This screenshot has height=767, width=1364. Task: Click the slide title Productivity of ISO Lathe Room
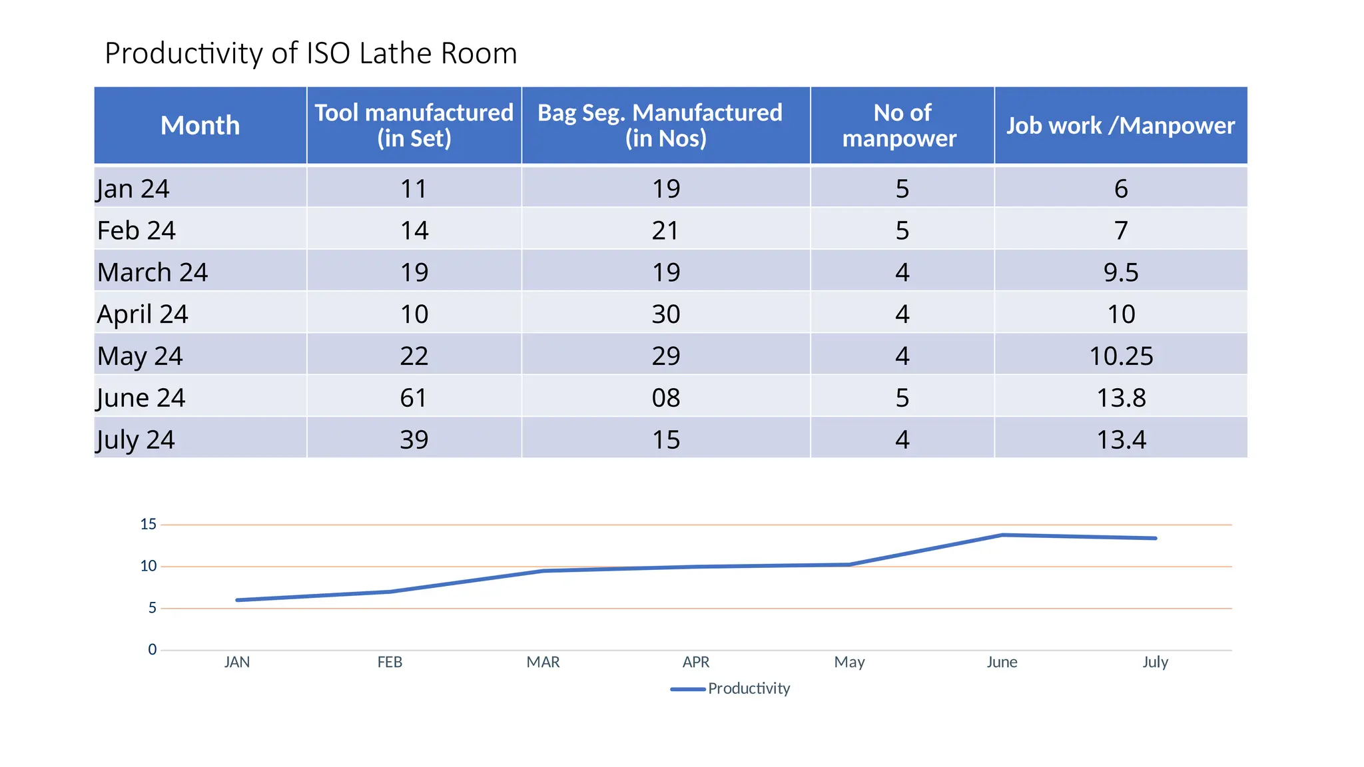(x=310, y=53)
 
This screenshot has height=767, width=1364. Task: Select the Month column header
(x=200, y=125)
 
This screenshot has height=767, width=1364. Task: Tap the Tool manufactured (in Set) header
(x=414, y=125)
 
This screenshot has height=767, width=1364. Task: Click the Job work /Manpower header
(x=1120, y=125)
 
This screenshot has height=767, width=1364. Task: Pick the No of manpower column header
(x=901, y=125)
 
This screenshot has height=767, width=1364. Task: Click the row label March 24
(x=153, y=272)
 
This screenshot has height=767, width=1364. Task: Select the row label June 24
(x=141, y=397)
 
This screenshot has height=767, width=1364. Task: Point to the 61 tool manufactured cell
(x=414, y=397)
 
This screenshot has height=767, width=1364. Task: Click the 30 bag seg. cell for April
(x=665, y=314)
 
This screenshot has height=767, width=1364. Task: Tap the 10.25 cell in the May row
(x=1120, y=356)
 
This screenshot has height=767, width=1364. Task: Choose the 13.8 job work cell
(x=1120, y=397)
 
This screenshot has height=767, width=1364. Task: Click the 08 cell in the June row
(x=665, y=397)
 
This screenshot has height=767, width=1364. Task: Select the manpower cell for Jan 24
(x=902, y=189)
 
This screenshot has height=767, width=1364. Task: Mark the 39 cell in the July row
(x=414, y=439)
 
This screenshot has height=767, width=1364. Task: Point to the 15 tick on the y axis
(x=148, y=525)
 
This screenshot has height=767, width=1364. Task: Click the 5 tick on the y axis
(x=152, y=608)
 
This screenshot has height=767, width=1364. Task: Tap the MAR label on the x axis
(x=543, y=662)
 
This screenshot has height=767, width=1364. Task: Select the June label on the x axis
(x=1002, y=662)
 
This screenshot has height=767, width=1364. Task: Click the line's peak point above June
(x=1002, y=535)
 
